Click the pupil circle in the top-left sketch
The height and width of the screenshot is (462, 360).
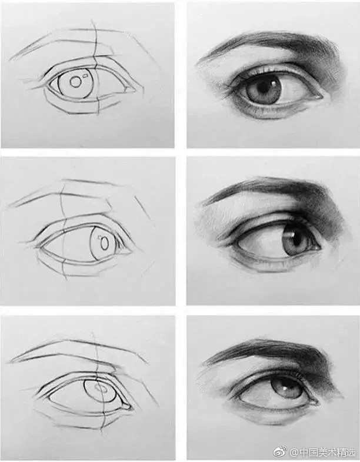point(75,82)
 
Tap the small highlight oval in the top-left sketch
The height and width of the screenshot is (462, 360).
point(86,76)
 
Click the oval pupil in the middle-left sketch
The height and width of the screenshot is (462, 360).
point(104,244)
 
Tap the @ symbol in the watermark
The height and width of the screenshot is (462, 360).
point(294,452)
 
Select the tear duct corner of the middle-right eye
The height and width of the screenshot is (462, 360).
point(318,247)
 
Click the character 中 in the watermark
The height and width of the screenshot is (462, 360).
point(304,452)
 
